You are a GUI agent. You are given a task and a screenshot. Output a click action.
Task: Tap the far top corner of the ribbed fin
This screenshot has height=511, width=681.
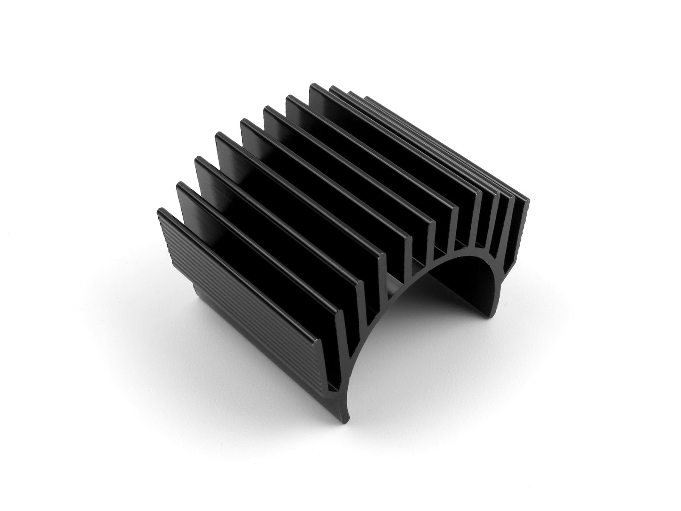click(x=160, y=209)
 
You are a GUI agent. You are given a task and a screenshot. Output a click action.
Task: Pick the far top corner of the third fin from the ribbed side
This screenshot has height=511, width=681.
click(x=197, y=158)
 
